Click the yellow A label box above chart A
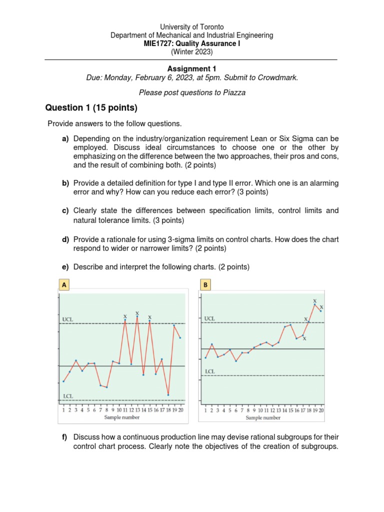click(x=63, y=285)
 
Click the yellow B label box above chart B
click(x=205, y=285)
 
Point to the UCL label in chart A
click(x=68, y=318)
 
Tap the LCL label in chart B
click(x=210, y=371)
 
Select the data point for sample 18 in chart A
click(x=168, y=395)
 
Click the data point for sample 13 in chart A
click(x=137, y=317)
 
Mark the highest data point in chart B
click(x=315, y=304)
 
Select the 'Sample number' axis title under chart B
click(x=263, y=417)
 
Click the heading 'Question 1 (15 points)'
click(x=91, y=108)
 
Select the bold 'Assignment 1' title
click(x=191, y=69)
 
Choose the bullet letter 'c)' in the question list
click(x=65, y=211)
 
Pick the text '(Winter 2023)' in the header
click(x=191, y=51)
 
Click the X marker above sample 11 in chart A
click(x=125, y=316)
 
